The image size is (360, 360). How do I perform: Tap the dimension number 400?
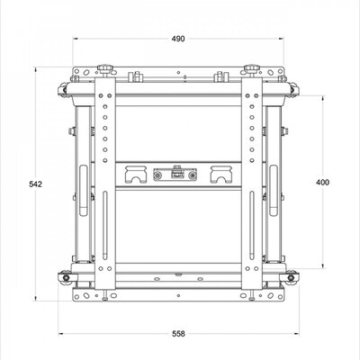(x=324, y=182)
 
